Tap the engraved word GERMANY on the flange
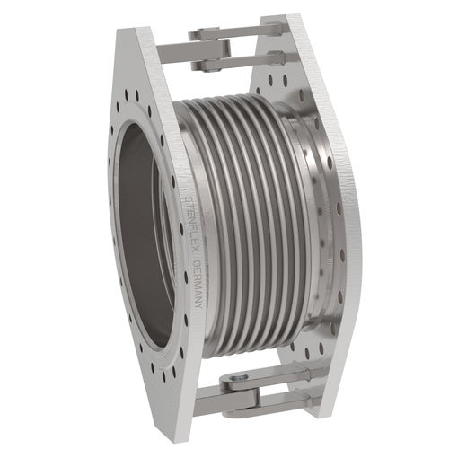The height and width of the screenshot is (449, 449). pyautogui.click(x=195, y=283)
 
